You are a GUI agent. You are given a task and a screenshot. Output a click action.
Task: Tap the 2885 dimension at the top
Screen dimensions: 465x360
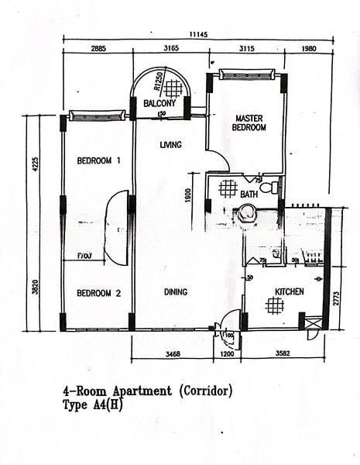point(98,49)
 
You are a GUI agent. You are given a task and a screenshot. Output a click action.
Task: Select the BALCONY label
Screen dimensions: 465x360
point(159,103)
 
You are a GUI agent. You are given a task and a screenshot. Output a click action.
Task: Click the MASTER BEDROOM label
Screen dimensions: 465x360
point(250,122)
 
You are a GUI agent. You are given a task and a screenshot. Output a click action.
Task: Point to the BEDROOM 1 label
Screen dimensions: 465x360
point(98,161)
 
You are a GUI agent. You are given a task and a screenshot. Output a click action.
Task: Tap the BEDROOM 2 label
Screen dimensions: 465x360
point(98,293)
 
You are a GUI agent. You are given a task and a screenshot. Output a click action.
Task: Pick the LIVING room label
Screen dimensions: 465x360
point(170,145)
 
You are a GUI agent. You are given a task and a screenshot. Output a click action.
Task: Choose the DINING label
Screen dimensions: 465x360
point(176,292)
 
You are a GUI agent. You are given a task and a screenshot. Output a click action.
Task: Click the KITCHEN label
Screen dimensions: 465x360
point(288,292)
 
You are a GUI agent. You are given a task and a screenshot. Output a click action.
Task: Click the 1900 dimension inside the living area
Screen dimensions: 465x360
point(189,196)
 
